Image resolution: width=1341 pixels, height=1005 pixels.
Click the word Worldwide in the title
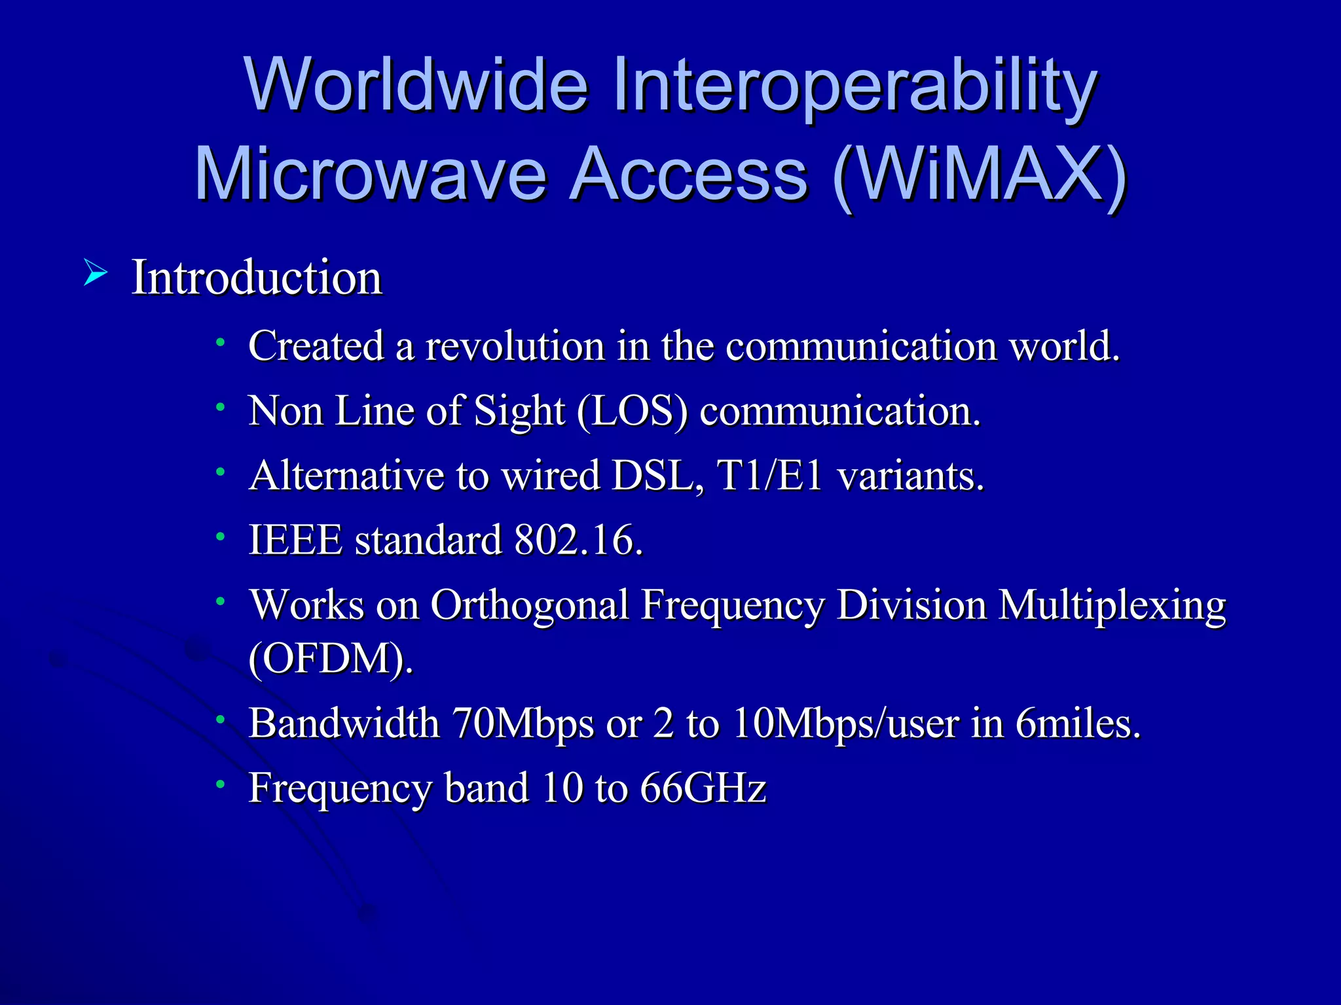[416, 85]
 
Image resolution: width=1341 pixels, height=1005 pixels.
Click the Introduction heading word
[257, 277]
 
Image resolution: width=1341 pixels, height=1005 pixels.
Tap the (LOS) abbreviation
[633, 412]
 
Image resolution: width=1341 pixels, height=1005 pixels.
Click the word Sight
[519, 412]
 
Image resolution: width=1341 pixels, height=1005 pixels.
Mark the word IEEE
[295, 540]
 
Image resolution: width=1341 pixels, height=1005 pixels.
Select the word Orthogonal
[529, 605]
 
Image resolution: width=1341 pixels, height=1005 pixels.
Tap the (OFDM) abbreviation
[331, 659]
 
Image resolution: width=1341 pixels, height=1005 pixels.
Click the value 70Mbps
[523, 724]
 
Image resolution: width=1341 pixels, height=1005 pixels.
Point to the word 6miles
[1078, 724]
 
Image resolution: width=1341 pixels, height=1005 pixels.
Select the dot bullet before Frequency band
[221, 784]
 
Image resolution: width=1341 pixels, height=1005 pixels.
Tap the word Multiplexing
[1111, 606]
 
